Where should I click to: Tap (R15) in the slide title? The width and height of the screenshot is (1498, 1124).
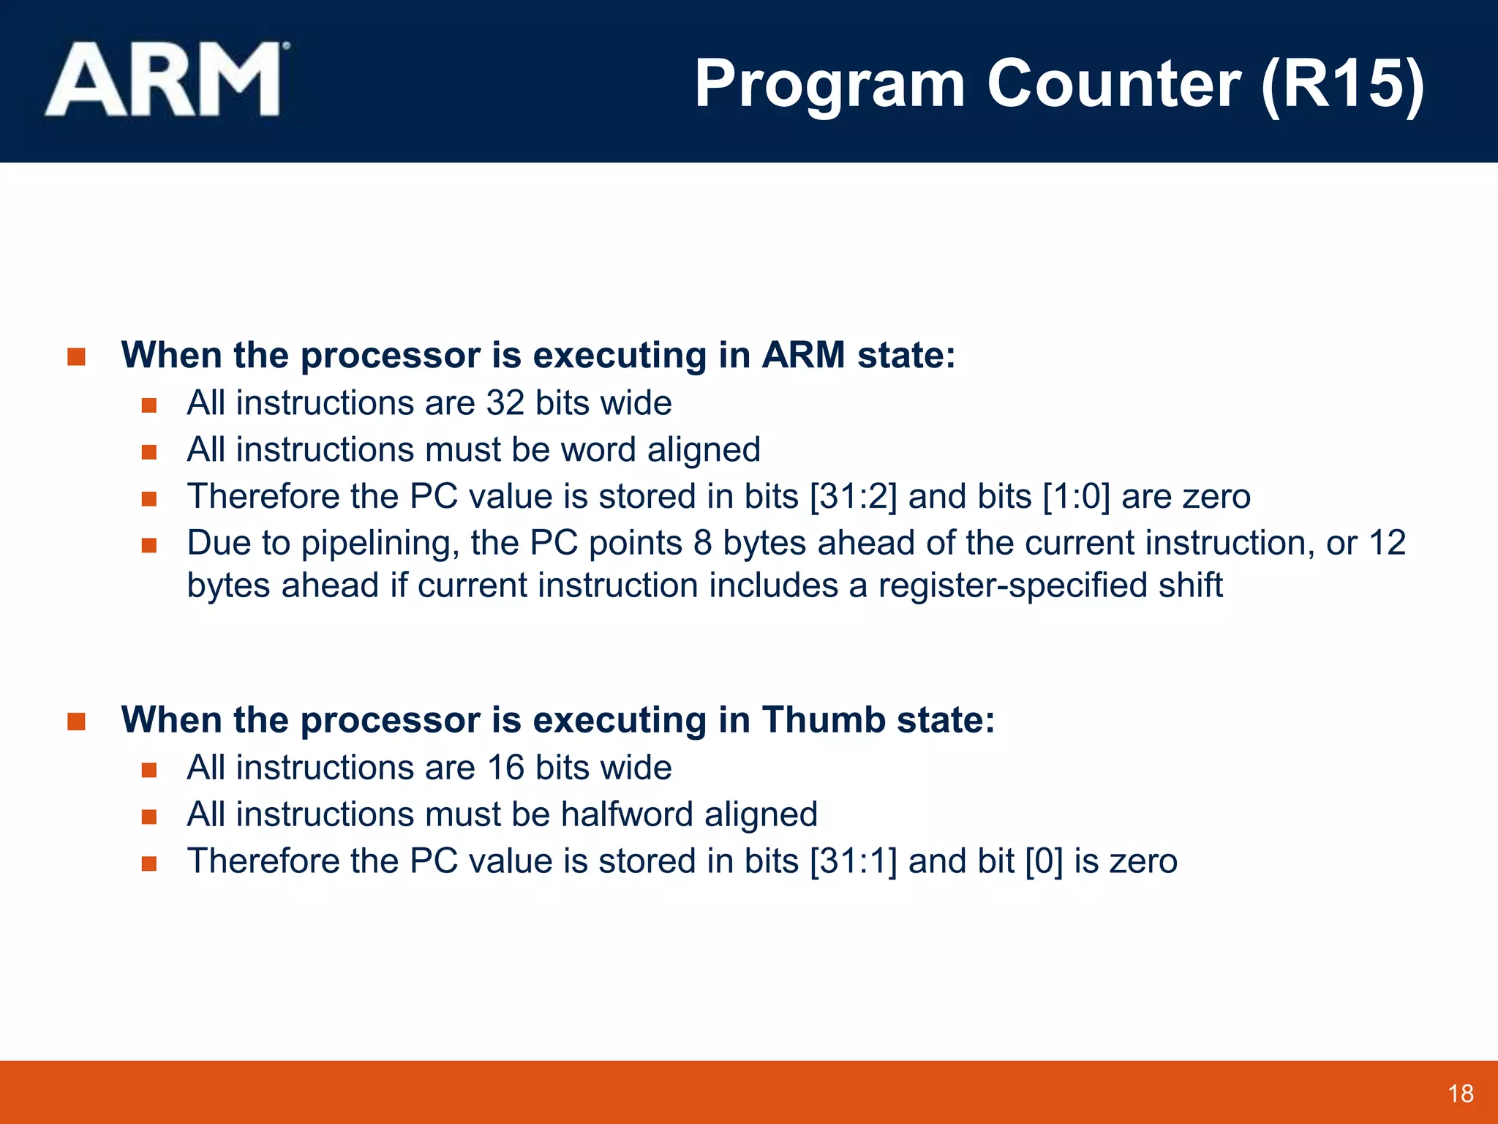click(1343, 85)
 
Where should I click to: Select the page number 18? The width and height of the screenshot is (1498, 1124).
click(1460, 1094)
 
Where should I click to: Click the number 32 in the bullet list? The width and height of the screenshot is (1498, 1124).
click(505, 403)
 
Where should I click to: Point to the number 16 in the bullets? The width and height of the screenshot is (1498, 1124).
click(505, 768)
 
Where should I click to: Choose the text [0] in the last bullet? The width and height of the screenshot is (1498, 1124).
click(1044, 861)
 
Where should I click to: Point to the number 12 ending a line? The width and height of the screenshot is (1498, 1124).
click(1387, 543)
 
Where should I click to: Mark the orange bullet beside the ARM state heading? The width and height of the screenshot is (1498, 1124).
click(76, 357)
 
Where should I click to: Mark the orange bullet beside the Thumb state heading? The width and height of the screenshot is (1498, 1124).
click(76, 722)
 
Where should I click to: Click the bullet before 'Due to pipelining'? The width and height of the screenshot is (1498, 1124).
click(149, 545)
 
